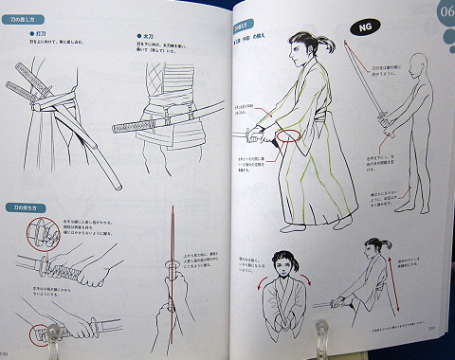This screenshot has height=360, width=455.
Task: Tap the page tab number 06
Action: pos(442,13)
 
